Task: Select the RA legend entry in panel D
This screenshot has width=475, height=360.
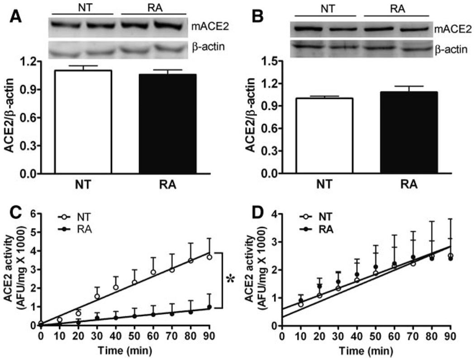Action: pos(321,230)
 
